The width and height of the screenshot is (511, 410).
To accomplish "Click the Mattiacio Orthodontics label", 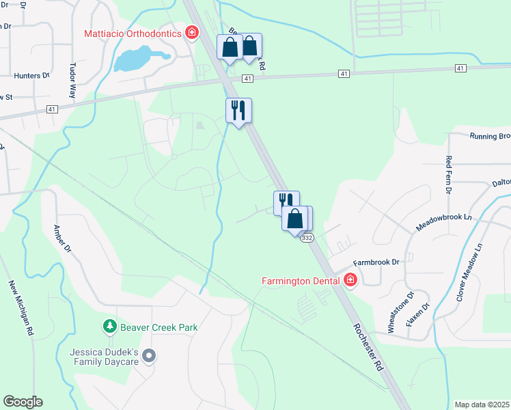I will pyautogui.click(x=132, y=33).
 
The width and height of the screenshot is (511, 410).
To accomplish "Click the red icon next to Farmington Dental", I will pyautogui.click(x=350, y=279).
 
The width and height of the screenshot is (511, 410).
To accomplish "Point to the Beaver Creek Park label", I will pyautogui.click(x=159, y=327).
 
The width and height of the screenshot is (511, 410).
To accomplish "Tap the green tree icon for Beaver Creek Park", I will pyautogui.click(x=109, y=327).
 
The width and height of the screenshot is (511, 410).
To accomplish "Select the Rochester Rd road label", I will pyautogui.click(x=370, y=346).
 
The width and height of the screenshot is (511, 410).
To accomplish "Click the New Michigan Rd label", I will pyautogui.click(x=21, y=307).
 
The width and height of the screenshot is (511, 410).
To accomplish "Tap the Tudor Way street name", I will pyautogui.click(x=72, y=81).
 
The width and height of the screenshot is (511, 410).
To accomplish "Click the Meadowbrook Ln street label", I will pyautogui.click(x=444, y=221).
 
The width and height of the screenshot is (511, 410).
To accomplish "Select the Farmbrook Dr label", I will pyautogui.click(x=376, y=262).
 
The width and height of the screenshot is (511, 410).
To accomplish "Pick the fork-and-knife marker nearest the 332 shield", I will pyautogui.click(x=286, y=202).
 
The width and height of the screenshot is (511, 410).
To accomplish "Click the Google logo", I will pyautogui.click(x=23, y=402).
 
